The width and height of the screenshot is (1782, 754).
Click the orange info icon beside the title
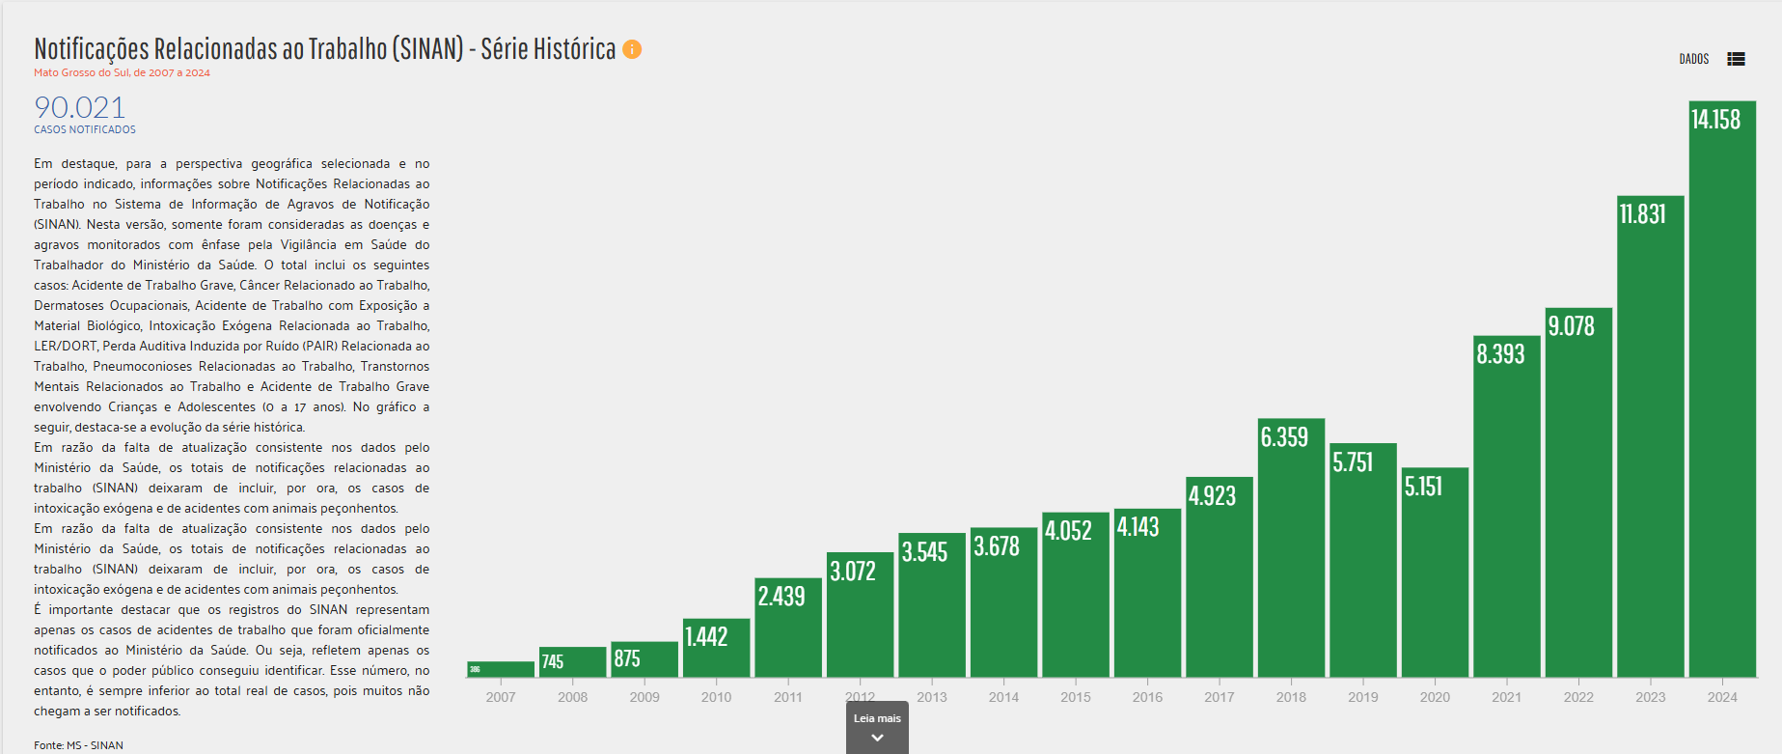[632, 49]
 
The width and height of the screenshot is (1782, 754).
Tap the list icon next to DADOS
[1736, 59]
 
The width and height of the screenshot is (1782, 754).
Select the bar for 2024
[1722, 405]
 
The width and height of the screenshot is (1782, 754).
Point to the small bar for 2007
[500, 669]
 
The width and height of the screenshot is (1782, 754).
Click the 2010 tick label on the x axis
[716, 697]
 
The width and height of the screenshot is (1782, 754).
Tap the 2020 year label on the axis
[1435, 697]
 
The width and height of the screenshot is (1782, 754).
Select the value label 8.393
[1500, 354]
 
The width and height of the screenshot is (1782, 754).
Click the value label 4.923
[1212, 496]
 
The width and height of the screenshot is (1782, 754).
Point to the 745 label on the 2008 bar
[552, 661]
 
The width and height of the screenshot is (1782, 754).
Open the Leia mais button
[877, 727]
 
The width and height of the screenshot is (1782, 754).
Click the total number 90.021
[80, 107]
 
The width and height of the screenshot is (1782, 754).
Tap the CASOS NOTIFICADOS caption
[85, 129]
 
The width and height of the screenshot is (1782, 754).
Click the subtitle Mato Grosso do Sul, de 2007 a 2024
[122, 72]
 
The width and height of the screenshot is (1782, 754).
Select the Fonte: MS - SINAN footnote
[78, 745]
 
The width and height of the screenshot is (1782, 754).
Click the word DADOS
[1693, 59]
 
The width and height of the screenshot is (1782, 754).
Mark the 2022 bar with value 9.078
[1578, 502]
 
